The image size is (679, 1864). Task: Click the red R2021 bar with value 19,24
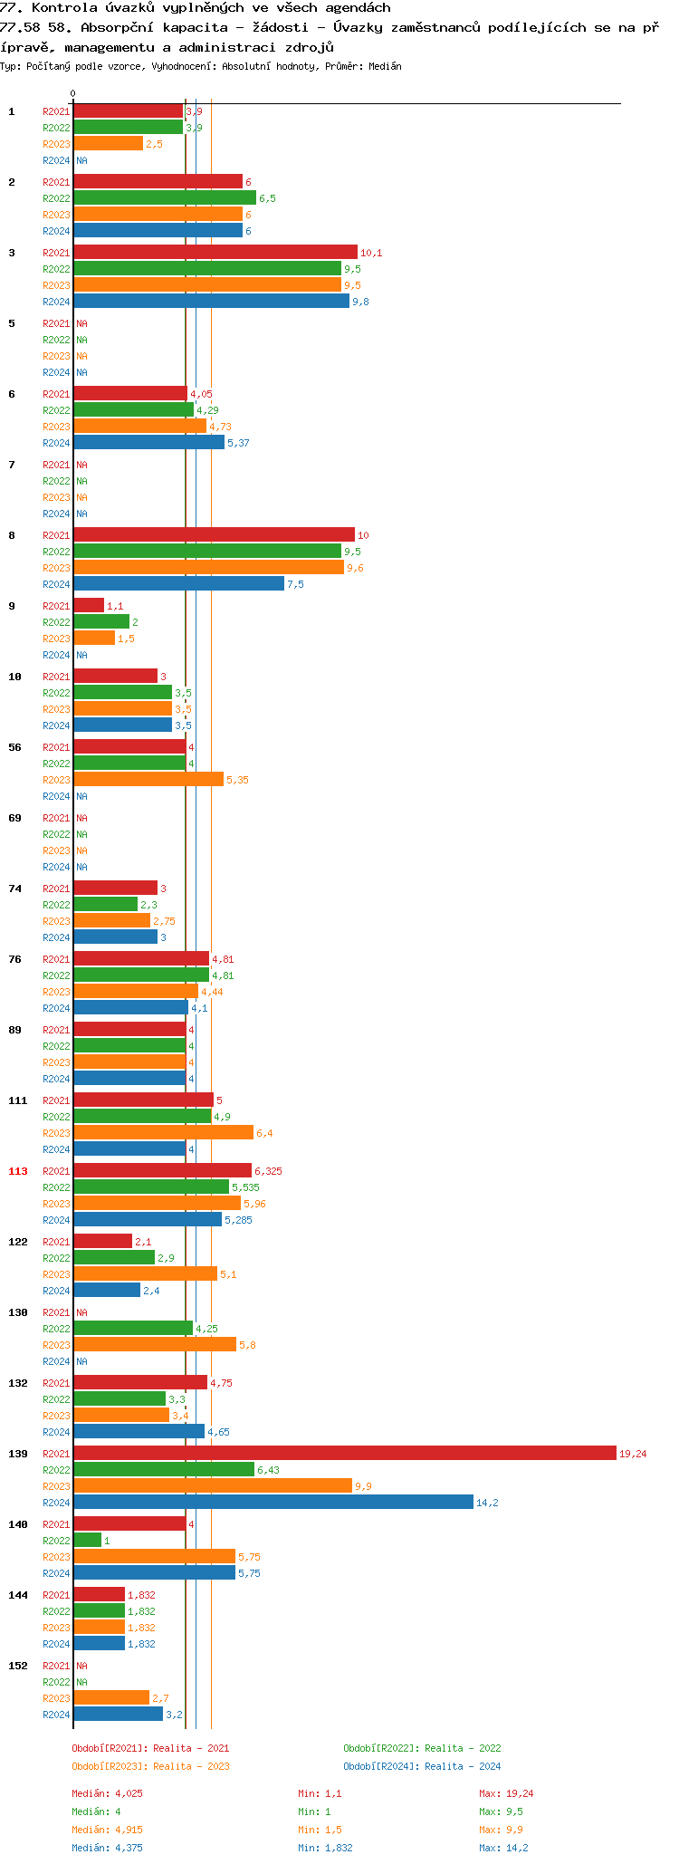[x=344, y=1453]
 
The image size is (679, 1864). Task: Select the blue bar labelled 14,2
[x=273, y=1502]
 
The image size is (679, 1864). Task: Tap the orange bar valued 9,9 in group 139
[x=213, y=1485]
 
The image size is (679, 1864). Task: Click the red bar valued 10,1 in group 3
[x=215, y=252]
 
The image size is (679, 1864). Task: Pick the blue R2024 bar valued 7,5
[x=178, y=583]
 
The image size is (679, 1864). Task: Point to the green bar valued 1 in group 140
[x=88, y=1540]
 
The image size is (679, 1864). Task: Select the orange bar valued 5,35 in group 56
[x=148, y=779]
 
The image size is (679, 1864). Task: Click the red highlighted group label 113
[x=18, y=1171]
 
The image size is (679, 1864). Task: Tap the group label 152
[x=18, y=1666]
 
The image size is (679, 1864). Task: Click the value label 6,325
[x=268, y=1171]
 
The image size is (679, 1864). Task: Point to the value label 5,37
[x=238, y=443]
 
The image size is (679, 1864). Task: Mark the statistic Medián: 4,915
[x=107, y=1830]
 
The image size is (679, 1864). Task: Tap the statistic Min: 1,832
[x=325, y=1848]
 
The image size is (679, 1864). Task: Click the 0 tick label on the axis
[x=73, y=93]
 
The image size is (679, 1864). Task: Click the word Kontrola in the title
[x=61, y=7]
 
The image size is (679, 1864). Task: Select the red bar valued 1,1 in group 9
[x=89, y=605]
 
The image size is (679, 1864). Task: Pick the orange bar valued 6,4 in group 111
[x=163, y=1132]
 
